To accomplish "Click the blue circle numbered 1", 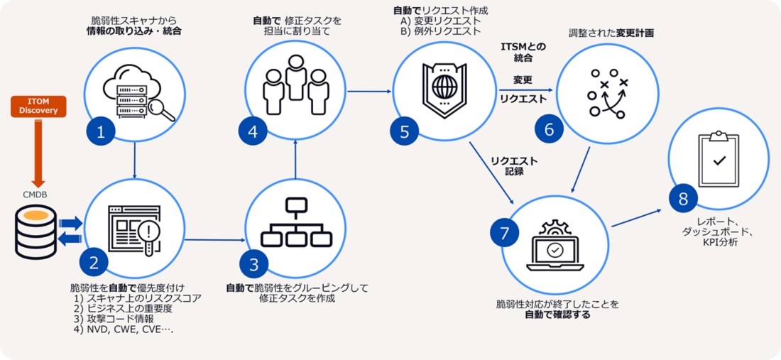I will tap(101, 131).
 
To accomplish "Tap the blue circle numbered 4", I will tap(253, 131).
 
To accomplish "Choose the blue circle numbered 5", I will tap(404, 131).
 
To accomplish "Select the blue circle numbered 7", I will tap(504, 233).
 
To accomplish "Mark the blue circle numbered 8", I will tap(683, 199).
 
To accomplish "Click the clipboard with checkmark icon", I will tap(719, 158).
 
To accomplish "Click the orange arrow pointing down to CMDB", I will tap(39, 153).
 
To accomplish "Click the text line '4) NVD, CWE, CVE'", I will tap(123, 329).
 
